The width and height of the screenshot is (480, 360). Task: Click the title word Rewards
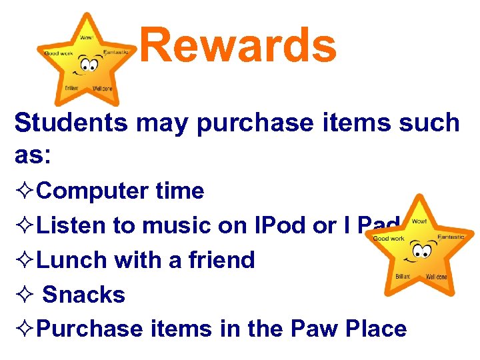[238, 45]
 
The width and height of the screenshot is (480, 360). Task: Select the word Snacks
[84, 294]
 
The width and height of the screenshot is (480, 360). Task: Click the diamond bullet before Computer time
[25, 192]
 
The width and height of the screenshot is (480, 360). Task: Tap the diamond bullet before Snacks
[25, 295]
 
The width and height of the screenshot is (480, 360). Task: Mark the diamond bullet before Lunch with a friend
[25, 260]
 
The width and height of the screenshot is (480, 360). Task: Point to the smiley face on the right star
[421, 251]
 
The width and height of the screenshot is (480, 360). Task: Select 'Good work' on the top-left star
[57, 53]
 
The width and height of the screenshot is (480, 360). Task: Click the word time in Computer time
[179, 191]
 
